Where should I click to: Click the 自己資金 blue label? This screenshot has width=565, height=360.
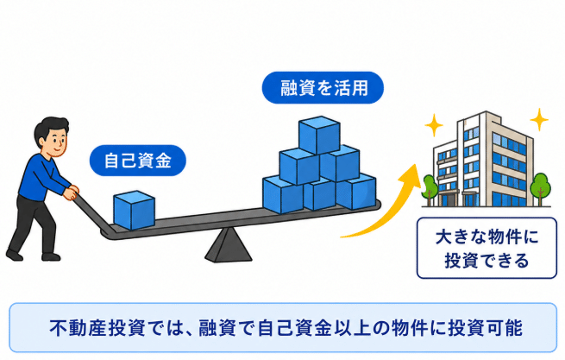pyautogui.click(x=138, y=161)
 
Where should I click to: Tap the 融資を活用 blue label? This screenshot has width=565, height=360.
pyautogui.click(x=323, y=88)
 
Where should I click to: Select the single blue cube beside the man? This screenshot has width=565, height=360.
pyautogui.click(x=134, y=211)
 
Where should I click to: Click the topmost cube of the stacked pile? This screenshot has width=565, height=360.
pyautogui.click(x=320, y=135)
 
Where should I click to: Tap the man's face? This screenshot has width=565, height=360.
pyautogui.click(x=57, y=141)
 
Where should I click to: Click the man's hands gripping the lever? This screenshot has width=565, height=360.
pyautogui.click(x=72, y=193)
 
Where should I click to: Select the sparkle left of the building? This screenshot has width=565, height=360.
pyautogui.click(x=434, y=125)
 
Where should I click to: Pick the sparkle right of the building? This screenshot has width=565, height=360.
pyautogui.click(x=539, y=119)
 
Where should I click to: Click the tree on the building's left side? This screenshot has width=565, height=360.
pyautogui.click(x=430, y=189)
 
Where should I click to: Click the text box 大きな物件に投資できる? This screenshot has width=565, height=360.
pyautogui.click(x=487, y=248)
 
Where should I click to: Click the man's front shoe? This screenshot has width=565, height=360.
pyautogui.click(x=51, y=256)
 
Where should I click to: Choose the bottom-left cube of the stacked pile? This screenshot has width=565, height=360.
pyautogui.click(x=283, y=195)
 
